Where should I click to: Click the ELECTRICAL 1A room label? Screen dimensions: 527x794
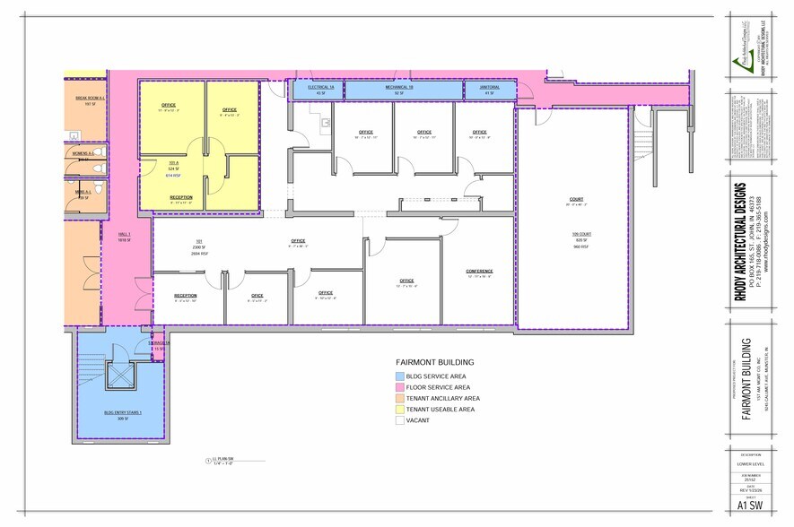[321, 87]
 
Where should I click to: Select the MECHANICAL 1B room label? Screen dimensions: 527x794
[400, 87]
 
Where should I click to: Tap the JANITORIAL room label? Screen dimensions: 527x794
[489, 87]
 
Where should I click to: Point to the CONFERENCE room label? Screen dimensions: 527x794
[480, 271]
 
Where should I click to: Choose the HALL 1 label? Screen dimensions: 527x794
[124, 235]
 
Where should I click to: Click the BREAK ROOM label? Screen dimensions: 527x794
[89, 98]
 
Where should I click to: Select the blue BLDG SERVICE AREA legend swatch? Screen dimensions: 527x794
[398, 376]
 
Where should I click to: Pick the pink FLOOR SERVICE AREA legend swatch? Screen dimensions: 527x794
[398, 386]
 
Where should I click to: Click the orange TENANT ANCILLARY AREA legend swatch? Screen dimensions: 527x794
[398, 398]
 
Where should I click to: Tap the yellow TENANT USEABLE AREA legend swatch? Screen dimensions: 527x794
[398, 410]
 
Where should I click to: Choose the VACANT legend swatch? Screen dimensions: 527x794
[398, 420]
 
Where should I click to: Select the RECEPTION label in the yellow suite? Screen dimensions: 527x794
[181, 197]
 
